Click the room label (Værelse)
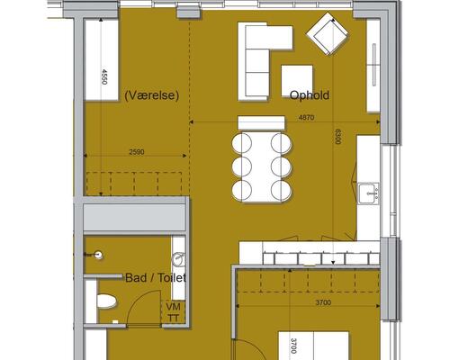[152, 95]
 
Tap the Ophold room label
[310, 95]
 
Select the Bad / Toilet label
[156, 278]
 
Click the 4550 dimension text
[103, 76]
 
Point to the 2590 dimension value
[137, 152]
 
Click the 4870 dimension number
[306, 118]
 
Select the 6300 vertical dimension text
[337, 137]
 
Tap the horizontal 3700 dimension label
[323, 302]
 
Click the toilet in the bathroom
[105, 301]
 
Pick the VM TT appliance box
[174, 312]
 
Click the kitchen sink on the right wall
[368, 193]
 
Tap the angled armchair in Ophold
[328, 33]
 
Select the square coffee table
[297, 81]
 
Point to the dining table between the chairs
[262, 166]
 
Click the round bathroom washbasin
[178, 259]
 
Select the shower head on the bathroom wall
[95, 255]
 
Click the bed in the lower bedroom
[313, 346]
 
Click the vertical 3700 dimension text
[293, 346]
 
